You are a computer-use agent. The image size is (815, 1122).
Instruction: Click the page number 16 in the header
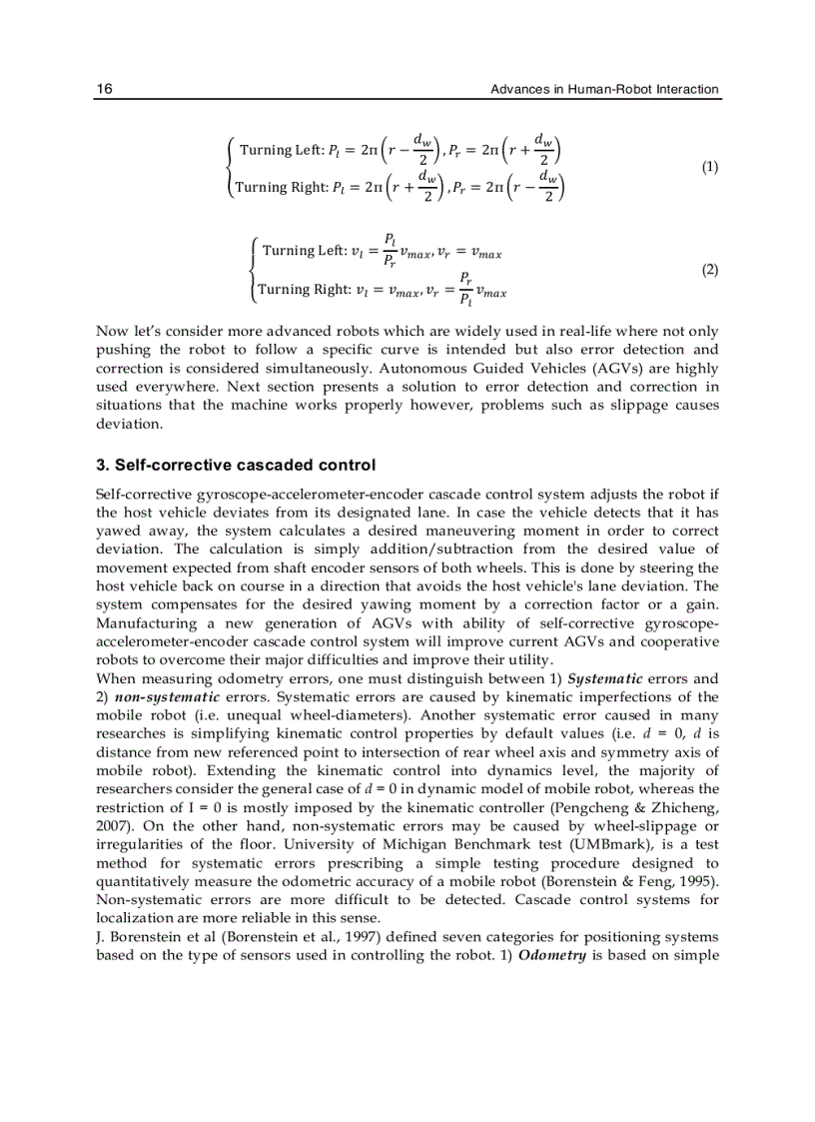[x=104, y=89]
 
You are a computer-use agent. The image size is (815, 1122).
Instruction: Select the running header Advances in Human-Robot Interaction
[x=604, y=89]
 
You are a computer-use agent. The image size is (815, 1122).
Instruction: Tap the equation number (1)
[x=709, y=167]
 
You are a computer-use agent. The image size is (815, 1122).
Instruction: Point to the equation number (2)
[x=709, y=270]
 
